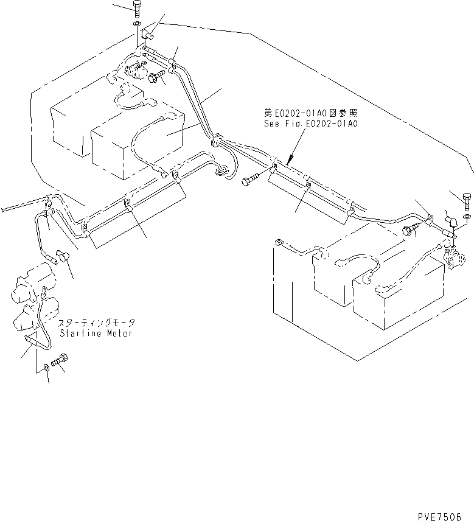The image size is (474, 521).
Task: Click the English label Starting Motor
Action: (x=96, y=334)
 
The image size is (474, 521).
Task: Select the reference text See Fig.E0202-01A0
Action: (x=311, y=122)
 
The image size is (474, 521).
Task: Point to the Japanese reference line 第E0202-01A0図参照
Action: (x=311, y=113)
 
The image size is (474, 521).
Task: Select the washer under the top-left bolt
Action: (x=138, y=24)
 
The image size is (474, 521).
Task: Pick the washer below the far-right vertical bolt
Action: (x=465, y=217)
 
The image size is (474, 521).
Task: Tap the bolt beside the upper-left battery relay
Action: (x=156, y=77)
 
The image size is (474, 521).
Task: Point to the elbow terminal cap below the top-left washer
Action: (x=147, y=39)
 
